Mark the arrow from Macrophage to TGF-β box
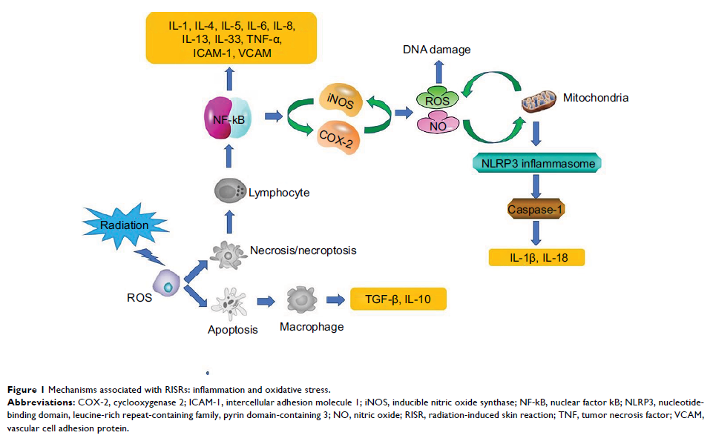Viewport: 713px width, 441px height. click(x=336, y=300)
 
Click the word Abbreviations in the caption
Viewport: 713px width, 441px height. click(x=38, y=401)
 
